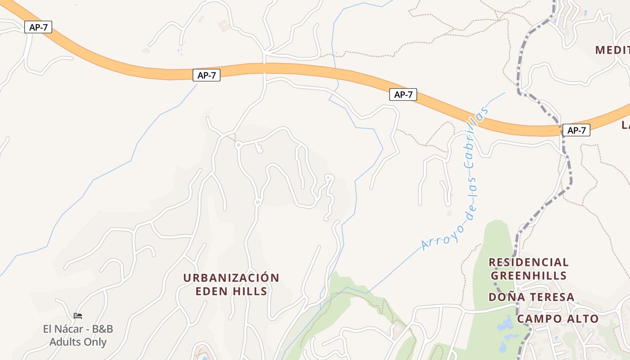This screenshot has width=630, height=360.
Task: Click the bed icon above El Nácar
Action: click(x=78, y=316)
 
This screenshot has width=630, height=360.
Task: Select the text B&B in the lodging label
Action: click(x=102, y=329)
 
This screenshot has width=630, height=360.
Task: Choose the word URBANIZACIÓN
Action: click(x=231, y=278)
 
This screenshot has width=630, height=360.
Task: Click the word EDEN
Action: click(x=211, y=291)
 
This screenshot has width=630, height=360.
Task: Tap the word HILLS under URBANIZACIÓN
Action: click(x=251, y=291)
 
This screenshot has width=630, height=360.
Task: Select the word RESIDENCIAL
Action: click(x=529, y=262)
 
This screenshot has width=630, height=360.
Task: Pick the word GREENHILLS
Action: click(x=529, y=275)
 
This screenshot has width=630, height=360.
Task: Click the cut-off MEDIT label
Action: click(x=612, y=50)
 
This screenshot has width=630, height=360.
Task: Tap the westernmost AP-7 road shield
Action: click(x=38, y=27)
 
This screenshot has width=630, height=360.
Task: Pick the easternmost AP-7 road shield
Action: click(x=576, y=130)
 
